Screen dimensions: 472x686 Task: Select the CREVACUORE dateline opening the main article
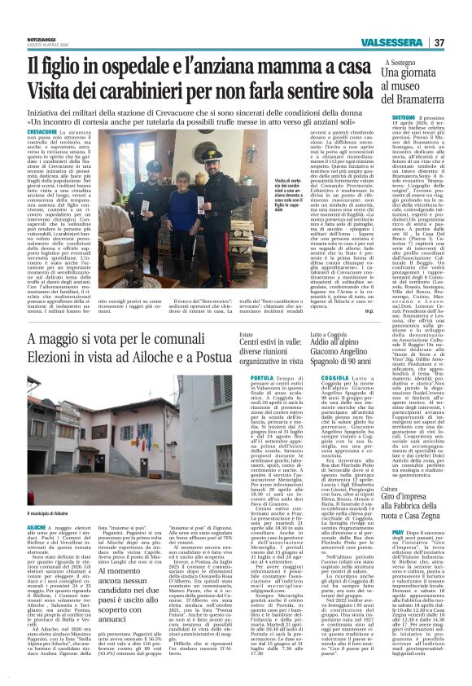pyautogui.click(x=42, y=132)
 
